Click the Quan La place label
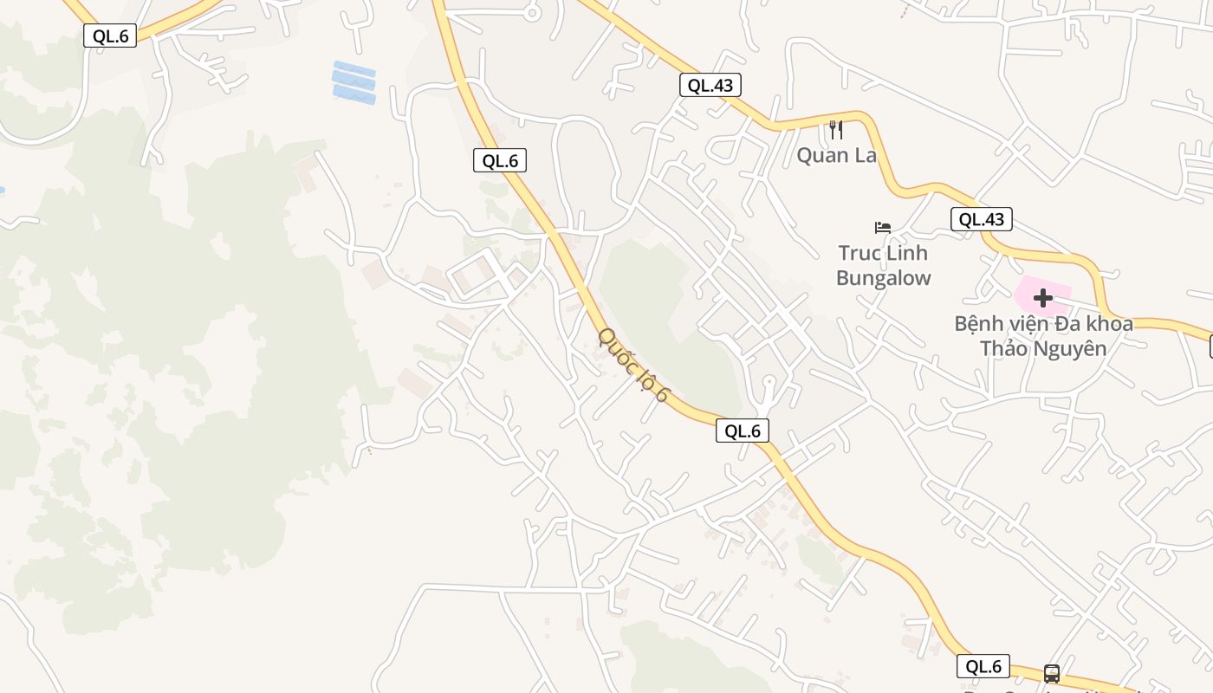point(836,156)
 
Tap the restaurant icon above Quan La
point(836,130)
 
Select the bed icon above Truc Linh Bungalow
point(883,228)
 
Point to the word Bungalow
point(883,278)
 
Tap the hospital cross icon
point(1043,298)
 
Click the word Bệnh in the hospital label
point(978,324)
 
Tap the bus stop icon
point(1052,673)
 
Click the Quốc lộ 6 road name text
point(633,364)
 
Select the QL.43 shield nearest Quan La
point(710,85)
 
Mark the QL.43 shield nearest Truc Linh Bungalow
point(982,219)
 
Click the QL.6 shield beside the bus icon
point(983,666)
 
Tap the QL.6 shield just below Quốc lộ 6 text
point(743,431)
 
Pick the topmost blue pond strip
point(354,69)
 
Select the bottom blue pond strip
point(354,96)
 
